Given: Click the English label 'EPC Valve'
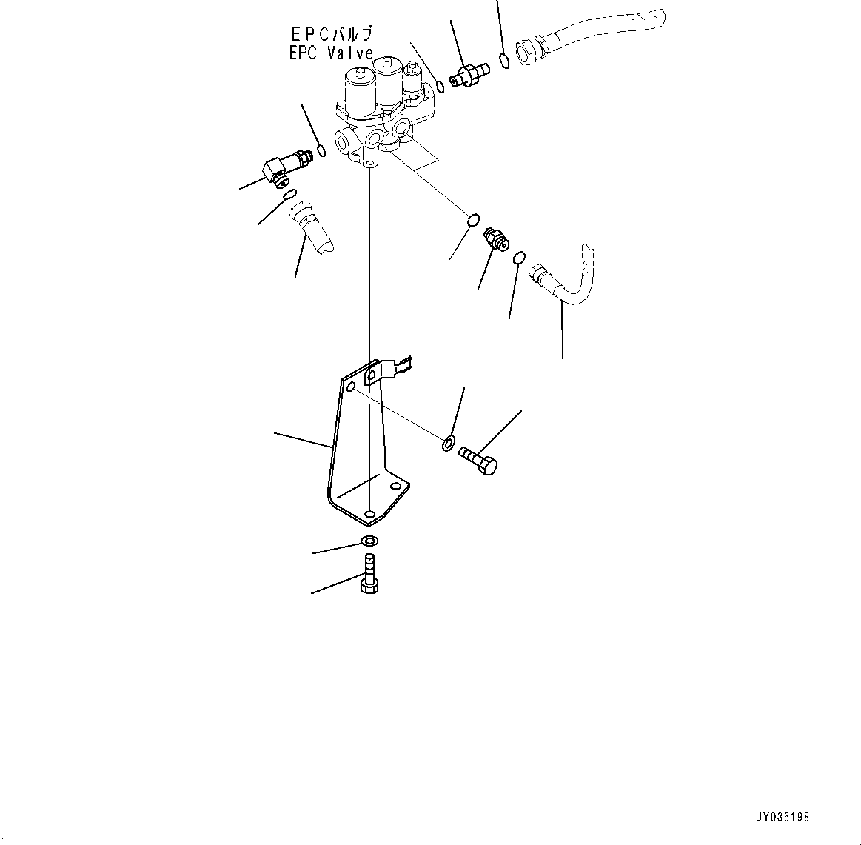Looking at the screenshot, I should click(331, 53).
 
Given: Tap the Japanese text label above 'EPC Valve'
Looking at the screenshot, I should click(331, 34).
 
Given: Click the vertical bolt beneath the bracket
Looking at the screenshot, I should click(369, 574).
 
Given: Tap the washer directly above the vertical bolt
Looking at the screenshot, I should click(369, 540).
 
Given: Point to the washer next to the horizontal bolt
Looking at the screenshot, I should click(449, 444).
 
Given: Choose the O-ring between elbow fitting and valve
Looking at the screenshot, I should click(321, 153).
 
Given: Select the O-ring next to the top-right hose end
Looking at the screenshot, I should click(504, 61).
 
